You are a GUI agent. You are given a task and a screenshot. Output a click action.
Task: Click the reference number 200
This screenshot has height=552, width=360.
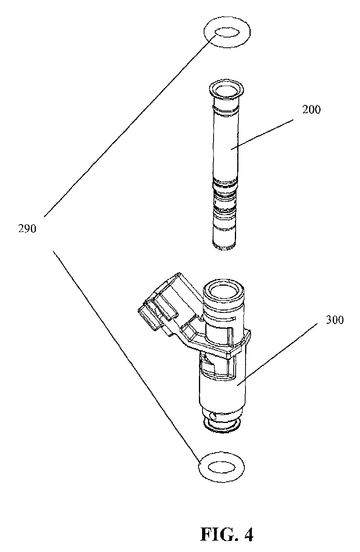(x=311, y=110)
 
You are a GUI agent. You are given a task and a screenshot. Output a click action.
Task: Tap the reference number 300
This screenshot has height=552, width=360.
(x=335, y=320)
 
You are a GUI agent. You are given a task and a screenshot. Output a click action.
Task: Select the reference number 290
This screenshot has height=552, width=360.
(x=27, y=229)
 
